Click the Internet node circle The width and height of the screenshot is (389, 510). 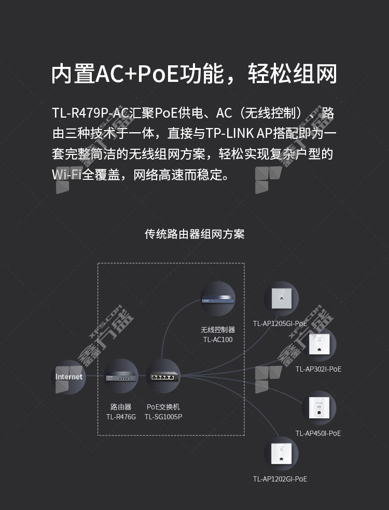tap(68, 377)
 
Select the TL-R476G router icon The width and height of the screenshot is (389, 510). tap(121, 376)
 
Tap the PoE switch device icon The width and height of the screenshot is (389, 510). tap(163, 376)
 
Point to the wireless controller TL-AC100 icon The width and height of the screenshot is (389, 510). tap(218, 299)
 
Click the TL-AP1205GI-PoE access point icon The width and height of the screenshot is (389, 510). tap(281, 299)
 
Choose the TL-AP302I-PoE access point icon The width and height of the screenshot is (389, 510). tap(318, 345)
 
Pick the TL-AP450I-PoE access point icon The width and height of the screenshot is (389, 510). tap(318, 408)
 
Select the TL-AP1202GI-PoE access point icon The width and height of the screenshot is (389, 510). tap(281, 454)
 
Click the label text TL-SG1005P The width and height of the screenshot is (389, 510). tap(163, 417)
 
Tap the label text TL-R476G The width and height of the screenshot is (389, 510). tap(121, 417)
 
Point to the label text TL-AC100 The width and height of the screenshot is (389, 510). tap(218, 339)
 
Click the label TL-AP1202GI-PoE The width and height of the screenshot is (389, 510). tap(280, 479)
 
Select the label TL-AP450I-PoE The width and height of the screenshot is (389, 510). tap(318, 433)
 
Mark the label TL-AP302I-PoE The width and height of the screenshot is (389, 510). tap(318, 369)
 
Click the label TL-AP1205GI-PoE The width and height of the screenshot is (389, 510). tap(280, 323)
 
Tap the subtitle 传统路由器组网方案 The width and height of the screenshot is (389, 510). tap(195, 234)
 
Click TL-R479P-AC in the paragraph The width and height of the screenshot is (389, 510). tap(90, 113)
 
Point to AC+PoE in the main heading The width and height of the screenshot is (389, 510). tap(137, 74)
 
